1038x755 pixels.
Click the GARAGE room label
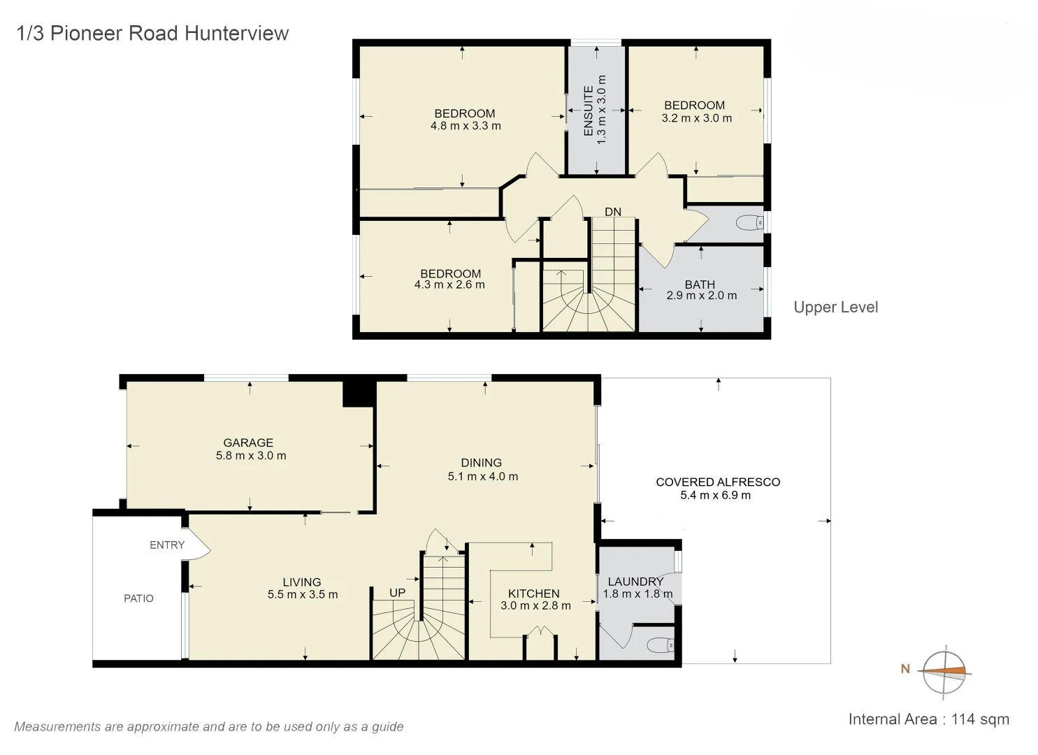pos(248,443)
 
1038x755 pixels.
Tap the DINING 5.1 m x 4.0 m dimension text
pos(482,477)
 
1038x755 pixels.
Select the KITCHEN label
pos(533,594)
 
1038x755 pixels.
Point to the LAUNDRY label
pos(635,582)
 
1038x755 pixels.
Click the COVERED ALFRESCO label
pos(717,482)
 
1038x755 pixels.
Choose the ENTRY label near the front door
pos(167,545)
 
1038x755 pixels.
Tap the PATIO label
pos(138,598)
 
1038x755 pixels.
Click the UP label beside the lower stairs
pos(397,593)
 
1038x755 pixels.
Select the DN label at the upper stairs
pos(612,212)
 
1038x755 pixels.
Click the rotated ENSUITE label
pos(588,110)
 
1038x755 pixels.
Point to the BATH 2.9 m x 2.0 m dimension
pos(701,296)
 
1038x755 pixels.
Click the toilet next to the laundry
pos(660,645)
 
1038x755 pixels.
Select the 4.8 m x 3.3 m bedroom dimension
pos(466,127)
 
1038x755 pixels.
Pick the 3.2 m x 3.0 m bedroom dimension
pos(696,119)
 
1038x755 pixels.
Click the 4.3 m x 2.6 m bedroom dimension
pos(449,285)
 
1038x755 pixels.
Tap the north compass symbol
pos(944,672)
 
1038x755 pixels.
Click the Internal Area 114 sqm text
pos(928,719)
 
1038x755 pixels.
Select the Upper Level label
pos(835,308)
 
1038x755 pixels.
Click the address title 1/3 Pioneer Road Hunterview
pos(152,34)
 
